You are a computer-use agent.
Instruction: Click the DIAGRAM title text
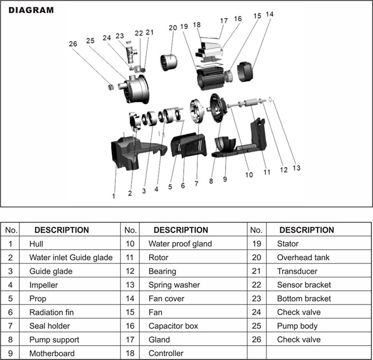pos(31,10)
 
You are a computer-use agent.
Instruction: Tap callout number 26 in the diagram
pos(73,44)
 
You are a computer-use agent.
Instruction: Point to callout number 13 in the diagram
pos(296,168)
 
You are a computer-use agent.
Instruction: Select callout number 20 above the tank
pos(173,28)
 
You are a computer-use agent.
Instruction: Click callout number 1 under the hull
pos(114,196)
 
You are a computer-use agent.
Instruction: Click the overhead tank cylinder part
pos(168,62)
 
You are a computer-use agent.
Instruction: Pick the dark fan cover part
pos(245,72)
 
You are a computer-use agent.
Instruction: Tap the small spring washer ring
pos(270,99)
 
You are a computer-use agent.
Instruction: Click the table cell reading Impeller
pos(43,285)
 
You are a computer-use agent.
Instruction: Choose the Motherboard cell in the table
pos(52,353)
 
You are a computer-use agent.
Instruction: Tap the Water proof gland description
pos(180,244)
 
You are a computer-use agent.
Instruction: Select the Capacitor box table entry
pos(173,326)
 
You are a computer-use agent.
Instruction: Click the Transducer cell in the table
pos(297,271)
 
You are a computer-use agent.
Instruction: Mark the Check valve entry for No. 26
pos(299,340)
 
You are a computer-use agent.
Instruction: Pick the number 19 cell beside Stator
pos(257,244)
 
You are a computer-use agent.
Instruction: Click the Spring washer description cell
pos(174,285)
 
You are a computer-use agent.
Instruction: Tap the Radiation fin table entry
pos(52,312)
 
